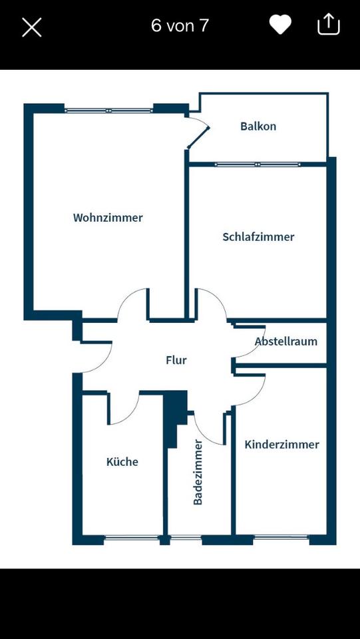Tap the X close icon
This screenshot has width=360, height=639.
click(32, 27)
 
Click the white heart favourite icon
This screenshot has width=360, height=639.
click(280, 25)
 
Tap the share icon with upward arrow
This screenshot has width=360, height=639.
click(328, 24)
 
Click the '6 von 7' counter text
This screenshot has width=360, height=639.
click(180, 26)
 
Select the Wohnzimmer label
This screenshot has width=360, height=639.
click(108, 218)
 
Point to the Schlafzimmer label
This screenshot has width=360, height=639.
click(258, 237)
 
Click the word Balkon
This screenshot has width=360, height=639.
click(258, 126)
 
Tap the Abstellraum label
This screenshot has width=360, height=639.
click(286, 341)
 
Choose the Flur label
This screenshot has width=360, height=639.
click(176, 360)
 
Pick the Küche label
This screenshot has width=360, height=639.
click(122, 462)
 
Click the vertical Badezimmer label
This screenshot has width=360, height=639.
click(198, 472)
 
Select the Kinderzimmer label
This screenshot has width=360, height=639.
click(281, 445)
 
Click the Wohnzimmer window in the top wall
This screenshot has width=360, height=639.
click(108, 110)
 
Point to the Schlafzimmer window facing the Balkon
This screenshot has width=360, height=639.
click(258, 164)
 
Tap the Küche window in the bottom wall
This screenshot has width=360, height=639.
click(132, 538)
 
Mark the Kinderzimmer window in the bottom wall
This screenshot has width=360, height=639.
click(281, 538)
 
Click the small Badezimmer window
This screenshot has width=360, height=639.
click(186, 538)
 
